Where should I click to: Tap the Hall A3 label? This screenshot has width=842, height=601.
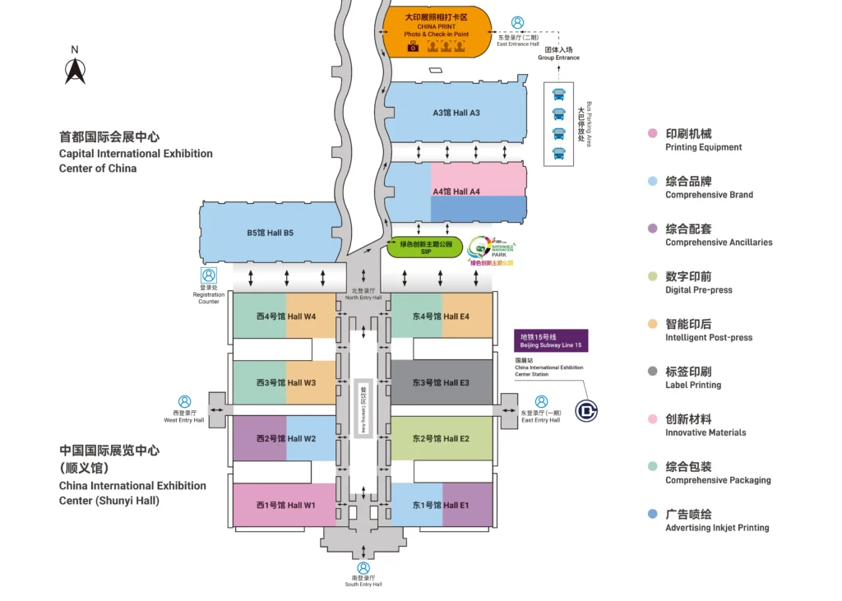click(456, 113)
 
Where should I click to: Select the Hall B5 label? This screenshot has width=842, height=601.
click(271, 233)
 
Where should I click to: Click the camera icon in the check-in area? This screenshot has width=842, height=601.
click(413, 47)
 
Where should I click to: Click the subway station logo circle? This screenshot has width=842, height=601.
click(586, 409)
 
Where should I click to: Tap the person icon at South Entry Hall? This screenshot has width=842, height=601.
click(363, 568)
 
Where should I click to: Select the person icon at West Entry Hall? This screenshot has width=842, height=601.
click(185, 402)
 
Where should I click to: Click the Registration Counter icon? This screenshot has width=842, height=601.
click(209, 275)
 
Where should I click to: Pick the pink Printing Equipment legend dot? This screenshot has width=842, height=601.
click(652, 134)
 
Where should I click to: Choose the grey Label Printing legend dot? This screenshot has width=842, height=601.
click(652, 372)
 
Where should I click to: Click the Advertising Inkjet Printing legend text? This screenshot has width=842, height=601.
click(717, 528)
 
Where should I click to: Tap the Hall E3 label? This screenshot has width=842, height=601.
click(441, 383)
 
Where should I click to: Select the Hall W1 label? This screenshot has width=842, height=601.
click(285, 505)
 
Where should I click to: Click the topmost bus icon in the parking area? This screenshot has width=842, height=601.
click(559, 95)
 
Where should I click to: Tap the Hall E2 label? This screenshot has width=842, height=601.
click(441, 438)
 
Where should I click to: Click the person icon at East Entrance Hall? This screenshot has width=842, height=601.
click(517, 23)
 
